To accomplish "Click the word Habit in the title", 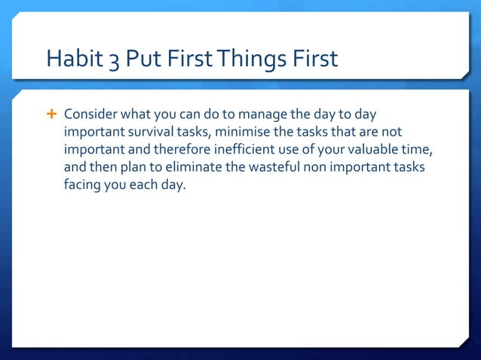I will pyautogui.click(x=72, y=59).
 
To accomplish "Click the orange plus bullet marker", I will pyautogui.click(x=52, y=114).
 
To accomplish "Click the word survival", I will pyautogui.click(x=146, y=132).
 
